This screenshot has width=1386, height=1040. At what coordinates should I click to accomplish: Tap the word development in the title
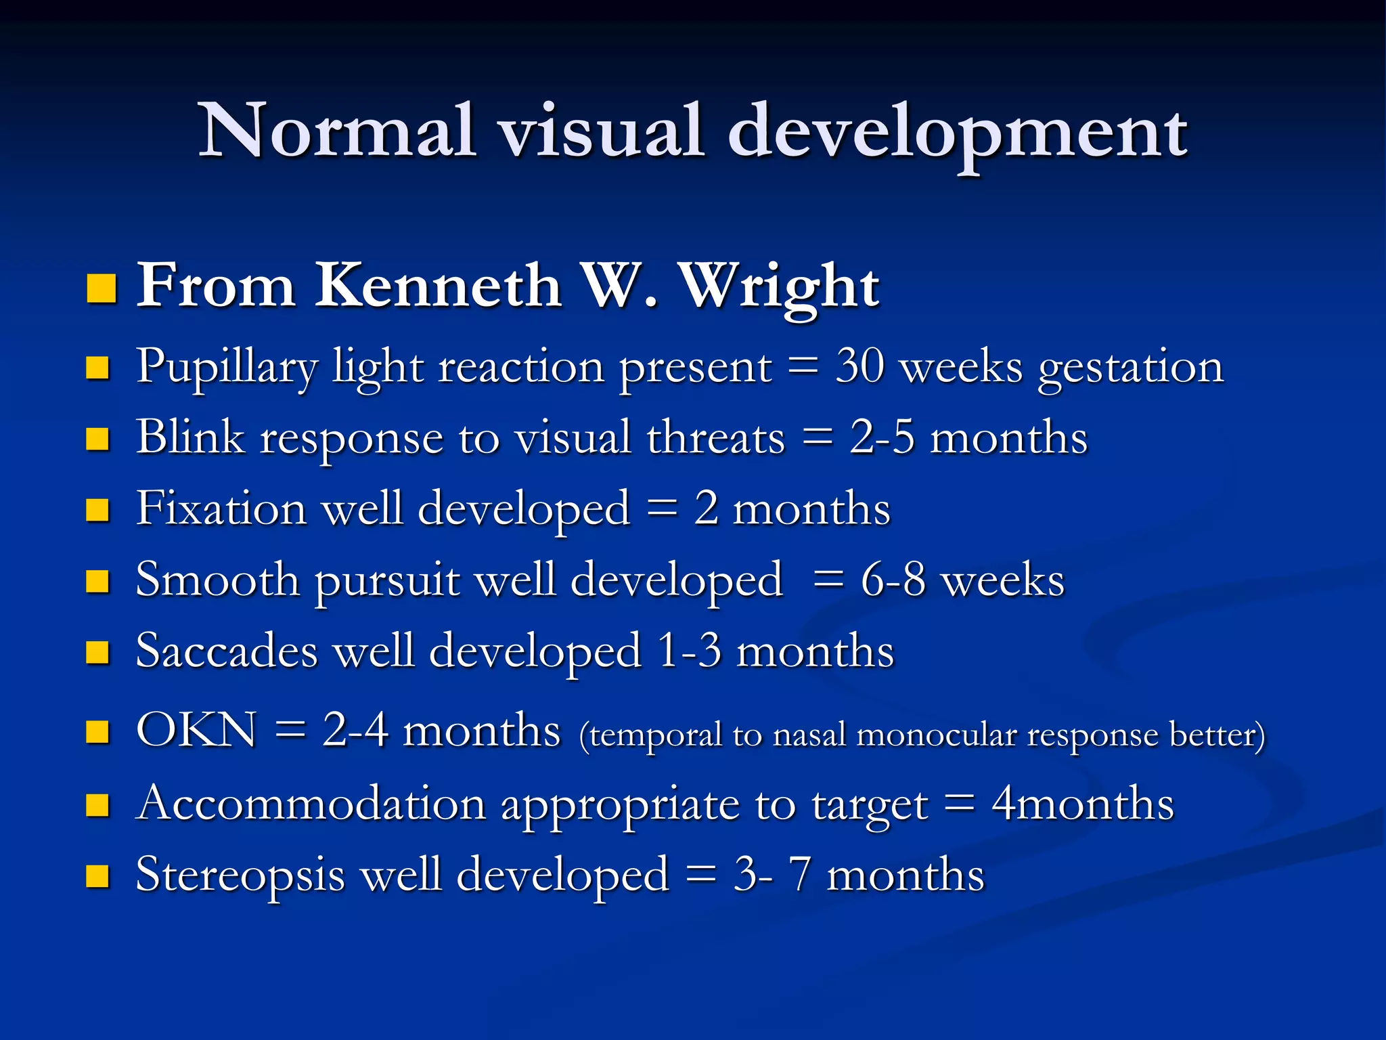pyautogui.click(x=957, y=131)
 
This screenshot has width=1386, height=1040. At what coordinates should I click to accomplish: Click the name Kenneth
pyautogui.click(x=438, y=285)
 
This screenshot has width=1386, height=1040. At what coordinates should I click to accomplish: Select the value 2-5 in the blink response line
pyautogui.click(x=881, y=437)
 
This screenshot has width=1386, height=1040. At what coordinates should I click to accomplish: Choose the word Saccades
pyautogui.click(x=227, y=651)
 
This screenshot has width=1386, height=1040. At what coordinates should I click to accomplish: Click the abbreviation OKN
pyautogui.click(x=196, y=731)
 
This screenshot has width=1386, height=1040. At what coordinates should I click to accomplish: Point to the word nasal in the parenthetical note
pyautogui.click(x=809, y=735)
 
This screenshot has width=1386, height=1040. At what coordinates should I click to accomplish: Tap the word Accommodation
pyautogui.click(x=311, y=804)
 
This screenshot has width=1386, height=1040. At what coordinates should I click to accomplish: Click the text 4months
pyautogui.click(x=1083, y=804)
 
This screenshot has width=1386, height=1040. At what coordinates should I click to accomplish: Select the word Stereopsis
pyautogui.click(x=240, y=875)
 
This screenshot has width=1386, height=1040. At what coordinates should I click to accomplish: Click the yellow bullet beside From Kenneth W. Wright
pyautogui.click(x=102, y=288)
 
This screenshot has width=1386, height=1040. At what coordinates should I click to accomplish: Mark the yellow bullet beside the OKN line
pyautogui.click(x=98, y=732)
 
